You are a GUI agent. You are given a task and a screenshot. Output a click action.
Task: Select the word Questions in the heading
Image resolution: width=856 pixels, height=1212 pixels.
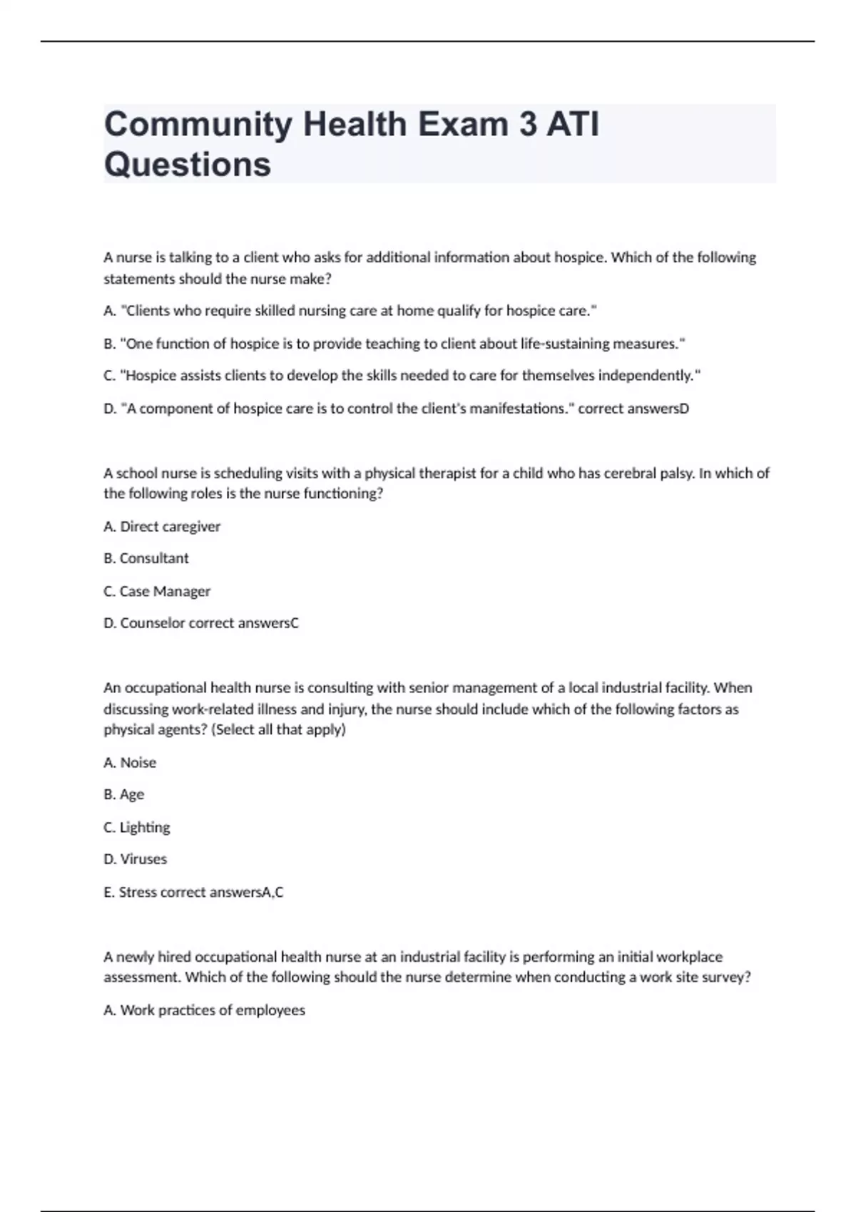click(x=188, y=164)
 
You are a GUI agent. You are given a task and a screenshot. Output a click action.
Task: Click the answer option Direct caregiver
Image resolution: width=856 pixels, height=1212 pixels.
click(x=170, y=526)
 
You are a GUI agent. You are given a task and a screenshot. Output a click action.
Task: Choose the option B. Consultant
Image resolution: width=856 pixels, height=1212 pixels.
click(x=146, y=558)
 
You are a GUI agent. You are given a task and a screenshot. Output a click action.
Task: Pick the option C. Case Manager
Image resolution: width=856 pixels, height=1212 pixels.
click(x=157, y=591)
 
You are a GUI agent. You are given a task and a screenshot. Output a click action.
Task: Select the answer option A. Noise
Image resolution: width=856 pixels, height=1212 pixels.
click(x=130, y=762)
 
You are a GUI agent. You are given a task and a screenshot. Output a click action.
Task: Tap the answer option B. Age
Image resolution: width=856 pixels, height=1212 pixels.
click(x=124, y=794)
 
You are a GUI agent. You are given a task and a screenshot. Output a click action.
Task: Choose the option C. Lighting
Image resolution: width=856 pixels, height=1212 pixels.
click(x=137, y=827)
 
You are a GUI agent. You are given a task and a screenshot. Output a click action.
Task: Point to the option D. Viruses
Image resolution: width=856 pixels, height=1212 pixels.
click(x=136, y=859)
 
